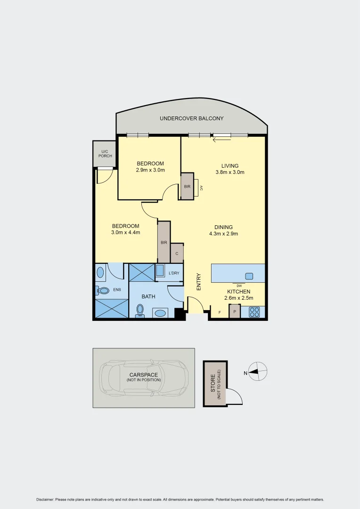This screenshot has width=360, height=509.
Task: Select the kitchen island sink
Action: coord(249,276)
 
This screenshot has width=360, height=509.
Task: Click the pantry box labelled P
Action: coord(234,312)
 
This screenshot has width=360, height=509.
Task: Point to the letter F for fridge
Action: coord(219,312)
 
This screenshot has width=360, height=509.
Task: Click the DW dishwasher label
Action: coord(239,286)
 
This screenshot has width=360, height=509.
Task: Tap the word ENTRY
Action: coord(199,282)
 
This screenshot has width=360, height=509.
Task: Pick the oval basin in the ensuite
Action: coord(100,272)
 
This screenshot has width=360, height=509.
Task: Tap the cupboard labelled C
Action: coord(177,253)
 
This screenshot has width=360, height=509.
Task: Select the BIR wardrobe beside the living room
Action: coord(187,187)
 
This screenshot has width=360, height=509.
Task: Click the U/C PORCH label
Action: coord(104,153)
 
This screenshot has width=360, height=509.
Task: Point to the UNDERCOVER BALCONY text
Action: coord(191,118)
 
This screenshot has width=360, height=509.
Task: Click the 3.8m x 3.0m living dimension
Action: coord(230,172)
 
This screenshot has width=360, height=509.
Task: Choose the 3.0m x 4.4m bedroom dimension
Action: coord(125,232)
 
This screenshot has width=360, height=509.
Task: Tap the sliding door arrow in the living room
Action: coord(221,139)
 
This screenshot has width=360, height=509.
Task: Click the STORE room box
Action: coord(215,384)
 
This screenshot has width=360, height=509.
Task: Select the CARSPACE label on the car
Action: coord(143,375)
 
